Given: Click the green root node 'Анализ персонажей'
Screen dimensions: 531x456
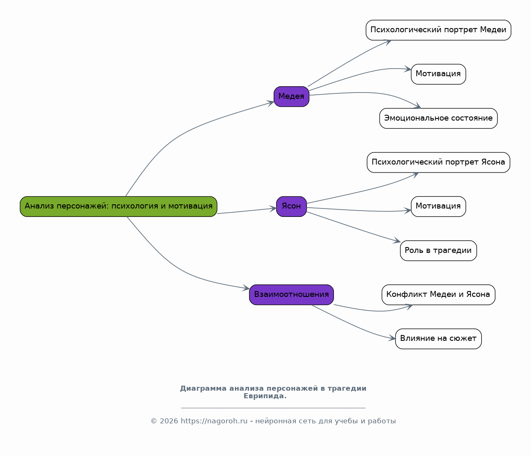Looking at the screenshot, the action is [x=118, y=206].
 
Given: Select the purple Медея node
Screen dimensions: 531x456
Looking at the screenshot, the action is [x=291, y=96].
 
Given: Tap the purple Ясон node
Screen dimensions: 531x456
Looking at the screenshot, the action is [x=291, y=206].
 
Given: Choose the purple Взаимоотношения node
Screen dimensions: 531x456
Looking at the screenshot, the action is [x=291, y=294].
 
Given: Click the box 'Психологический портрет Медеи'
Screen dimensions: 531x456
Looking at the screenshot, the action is [x=438, y=30].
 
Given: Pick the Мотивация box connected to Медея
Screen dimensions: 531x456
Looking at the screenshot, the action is [x=438, y=74].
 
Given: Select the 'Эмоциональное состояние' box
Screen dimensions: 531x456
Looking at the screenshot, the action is [x=438, y=118].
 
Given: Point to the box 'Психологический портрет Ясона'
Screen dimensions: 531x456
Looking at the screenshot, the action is [x=438, y=162].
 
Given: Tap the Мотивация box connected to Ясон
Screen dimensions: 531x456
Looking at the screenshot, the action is [x=438, y=206].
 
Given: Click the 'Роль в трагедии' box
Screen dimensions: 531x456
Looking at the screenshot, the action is [x=438, y=251].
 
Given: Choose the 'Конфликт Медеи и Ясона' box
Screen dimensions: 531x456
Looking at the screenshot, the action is [x=438, y=294].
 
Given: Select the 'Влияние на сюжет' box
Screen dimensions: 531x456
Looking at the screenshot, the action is [x=438, y=338].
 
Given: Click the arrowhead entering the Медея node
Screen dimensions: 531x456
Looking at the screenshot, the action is [x=271, y=103].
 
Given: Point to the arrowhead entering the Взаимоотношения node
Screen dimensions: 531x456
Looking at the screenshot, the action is [x=246, y=288].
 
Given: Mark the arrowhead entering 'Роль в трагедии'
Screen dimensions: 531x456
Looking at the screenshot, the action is [x=397, y=241].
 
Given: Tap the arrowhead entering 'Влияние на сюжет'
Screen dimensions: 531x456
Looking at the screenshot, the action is [x=392, y=338].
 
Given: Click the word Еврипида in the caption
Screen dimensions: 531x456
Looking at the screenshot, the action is [x=265, y=396].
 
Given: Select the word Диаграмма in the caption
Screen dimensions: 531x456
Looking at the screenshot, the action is [x=203, y=389].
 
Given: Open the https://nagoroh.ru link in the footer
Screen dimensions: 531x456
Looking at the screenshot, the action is [x=214, y=421].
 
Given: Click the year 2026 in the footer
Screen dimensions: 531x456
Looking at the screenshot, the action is [x=169, y=421].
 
